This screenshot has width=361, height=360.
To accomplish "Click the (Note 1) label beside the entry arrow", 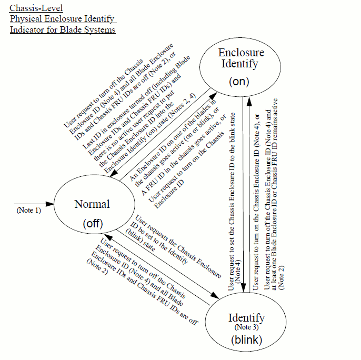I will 28,211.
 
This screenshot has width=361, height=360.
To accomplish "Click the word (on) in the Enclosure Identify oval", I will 238,82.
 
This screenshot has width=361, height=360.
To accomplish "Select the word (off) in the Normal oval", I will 92,223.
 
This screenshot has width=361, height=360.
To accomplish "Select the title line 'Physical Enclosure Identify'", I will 62,19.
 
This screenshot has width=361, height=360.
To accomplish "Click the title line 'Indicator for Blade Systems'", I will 62,29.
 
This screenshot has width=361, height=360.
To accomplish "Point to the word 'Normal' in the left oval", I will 92,204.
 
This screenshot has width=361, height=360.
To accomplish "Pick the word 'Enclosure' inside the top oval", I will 241,53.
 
